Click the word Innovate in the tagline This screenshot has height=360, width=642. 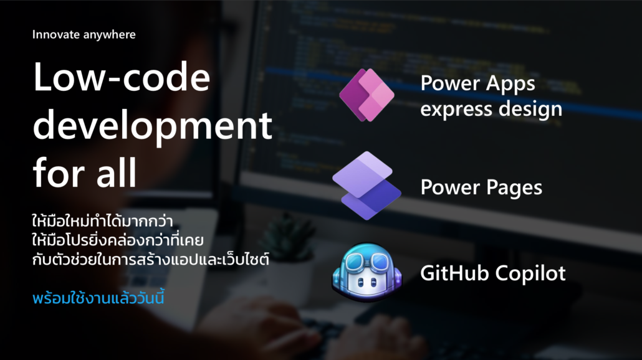coord(55,34)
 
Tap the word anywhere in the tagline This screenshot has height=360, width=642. coord(109,35)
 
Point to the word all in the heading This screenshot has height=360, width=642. coord(117,172)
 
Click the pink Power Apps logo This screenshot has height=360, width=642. coord(367,95)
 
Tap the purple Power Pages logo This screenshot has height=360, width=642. coord(367,186)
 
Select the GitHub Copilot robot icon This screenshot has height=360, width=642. coord(367,272)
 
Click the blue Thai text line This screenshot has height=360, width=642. coord(98,298)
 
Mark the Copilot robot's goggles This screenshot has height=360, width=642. coord(367,260)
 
